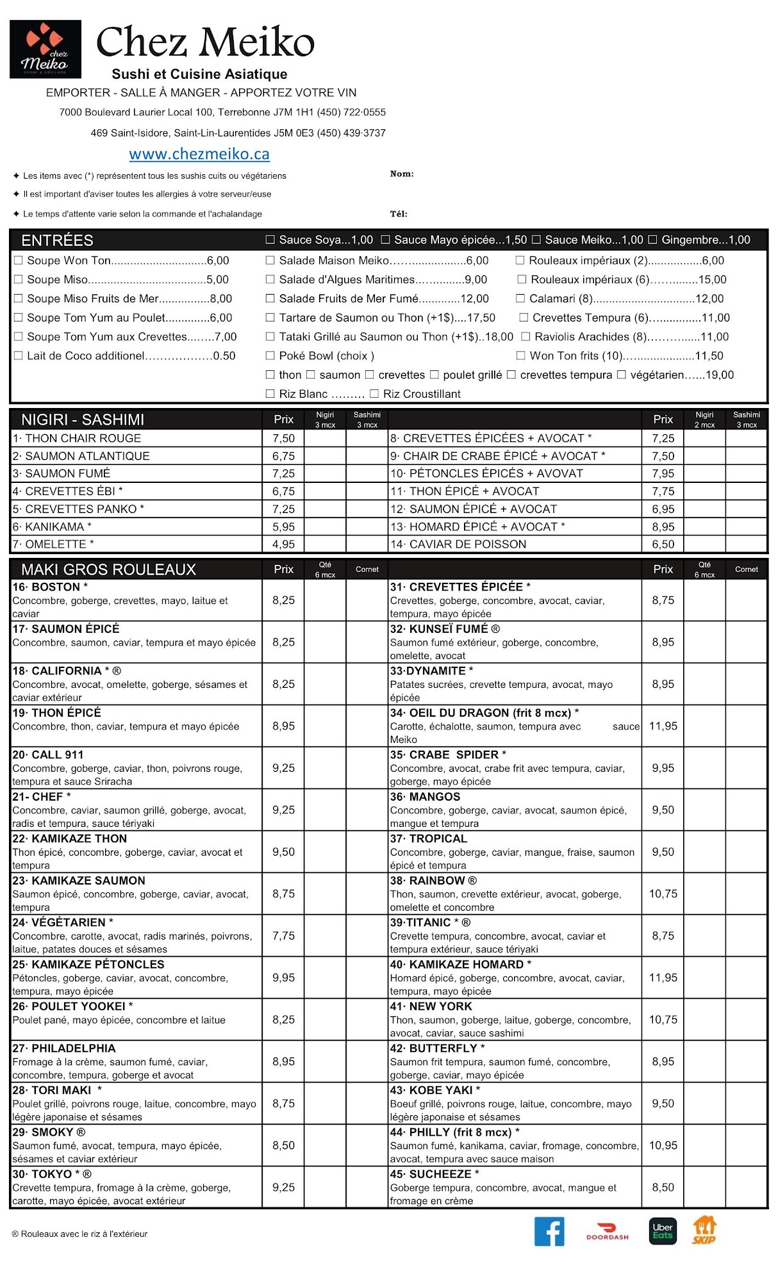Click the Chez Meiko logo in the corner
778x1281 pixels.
[46, 49]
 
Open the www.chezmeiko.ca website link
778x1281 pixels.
[199, 154]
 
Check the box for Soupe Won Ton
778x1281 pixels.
[19, 261]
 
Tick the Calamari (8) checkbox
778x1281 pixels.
[520, 298]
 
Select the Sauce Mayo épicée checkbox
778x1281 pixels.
[385, 240]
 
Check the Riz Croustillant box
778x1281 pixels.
[374, 394]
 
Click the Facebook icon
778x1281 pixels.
[549, 1231]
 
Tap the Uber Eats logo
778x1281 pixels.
[662, 1231]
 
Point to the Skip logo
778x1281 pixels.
[704, 1230]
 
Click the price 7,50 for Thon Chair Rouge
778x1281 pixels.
[283, 438]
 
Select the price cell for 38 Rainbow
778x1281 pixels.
[663, 893]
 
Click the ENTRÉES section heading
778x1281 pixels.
[57, 240]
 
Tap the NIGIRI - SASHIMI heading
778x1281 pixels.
[83, 420]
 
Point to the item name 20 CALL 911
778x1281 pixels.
[48, 755]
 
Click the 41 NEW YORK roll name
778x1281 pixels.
[431, 1006]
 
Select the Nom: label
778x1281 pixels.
[402, 174]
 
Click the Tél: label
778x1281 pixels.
[399, 214]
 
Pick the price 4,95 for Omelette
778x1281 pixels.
[283, 544]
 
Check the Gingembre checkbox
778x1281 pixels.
[652, 240]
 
